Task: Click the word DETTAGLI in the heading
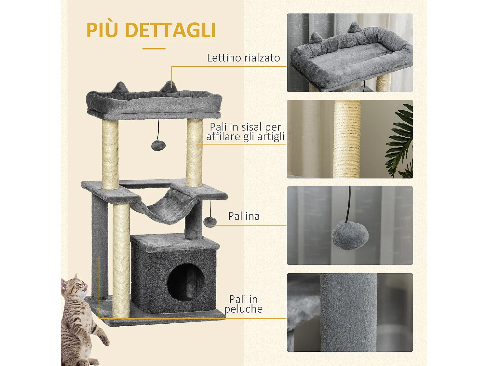point(170,30)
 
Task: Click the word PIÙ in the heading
point(102,30)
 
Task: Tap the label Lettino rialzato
point(243,58)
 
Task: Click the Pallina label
point(244,216)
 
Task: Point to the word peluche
point(243,309)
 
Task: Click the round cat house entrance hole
point(186,282)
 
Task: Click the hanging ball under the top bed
point(158,145)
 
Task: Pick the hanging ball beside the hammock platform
point(210,222)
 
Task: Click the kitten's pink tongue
point(86,286)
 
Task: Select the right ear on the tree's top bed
point(169,87)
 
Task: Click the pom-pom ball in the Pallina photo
point(350,235)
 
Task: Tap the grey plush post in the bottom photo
point(348,312)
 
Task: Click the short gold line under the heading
point(154,49)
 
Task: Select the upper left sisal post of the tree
point(110,155)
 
